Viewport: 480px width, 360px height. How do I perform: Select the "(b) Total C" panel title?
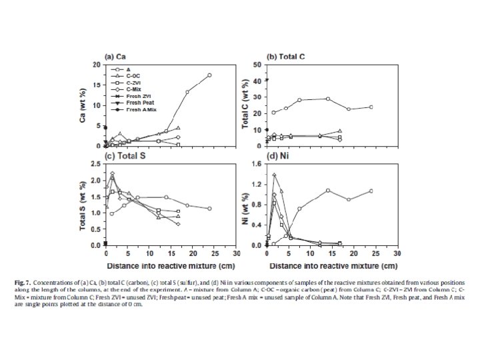[x=286, y=56]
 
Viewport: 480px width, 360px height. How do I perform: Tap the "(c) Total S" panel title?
[x=125, y=156]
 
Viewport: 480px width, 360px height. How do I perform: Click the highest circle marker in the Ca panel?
[x=209, y=75]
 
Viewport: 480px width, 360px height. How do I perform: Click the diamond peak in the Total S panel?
[x=112, y=174]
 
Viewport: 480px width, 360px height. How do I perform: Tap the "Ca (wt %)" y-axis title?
[x=85, y=105]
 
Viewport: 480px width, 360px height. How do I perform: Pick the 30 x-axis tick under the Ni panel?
[x=397, y=253]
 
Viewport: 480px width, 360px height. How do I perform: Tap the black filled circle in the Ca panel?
[x=105, y=127]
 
